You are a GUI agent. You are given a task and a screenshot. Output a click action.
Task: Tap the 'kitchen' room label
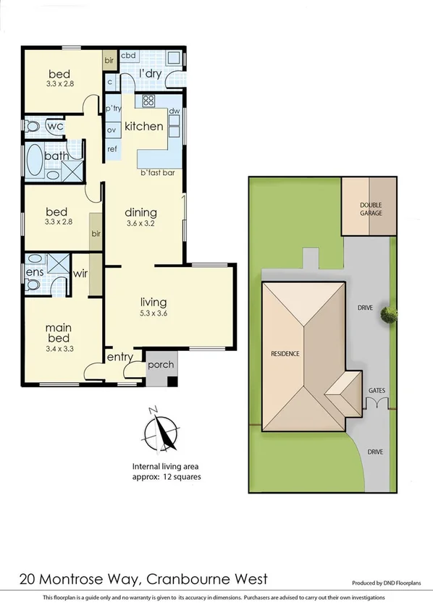[x=144, y=126]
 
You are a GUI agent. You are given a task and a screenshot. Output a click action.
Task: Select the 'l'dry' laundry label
[x=150, y=73]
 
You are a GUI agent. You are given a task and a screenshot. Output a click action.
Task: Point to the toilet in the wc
[x=33, y=126]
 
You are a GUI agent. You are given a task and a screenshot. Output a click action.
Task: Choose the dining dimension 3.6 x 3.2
[x=140, y=224]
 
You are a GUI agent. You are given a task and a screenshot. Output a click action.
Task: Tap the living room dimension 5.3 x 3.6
[x=154, y=314]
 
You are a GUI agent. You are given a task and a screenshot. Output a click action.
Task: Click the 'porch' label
[x=161, y=364]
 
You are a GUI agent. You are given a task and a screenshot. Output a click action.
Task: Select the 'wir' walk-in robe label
[x=80, y=274]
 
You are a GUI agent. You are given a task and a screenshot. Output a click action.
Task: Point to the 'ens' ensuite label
[x=35, y=273]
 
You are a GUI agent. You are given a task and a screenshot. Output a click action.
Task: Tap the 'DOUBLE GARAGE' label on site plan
[x=371, y=209]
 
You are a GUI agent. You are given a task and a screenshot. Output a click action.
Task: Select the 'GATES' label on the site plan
[x=377, y=390]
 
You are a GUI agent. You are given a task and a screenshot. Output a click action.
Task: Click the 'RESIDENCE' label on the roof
[x=285, y=354]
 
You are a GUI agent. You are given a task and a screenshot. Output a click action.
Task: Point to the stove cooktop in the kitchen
[x=149, y=101]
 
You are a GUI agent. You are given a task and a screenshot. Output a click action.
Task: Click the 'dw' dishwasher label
[x=174, y=111]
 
